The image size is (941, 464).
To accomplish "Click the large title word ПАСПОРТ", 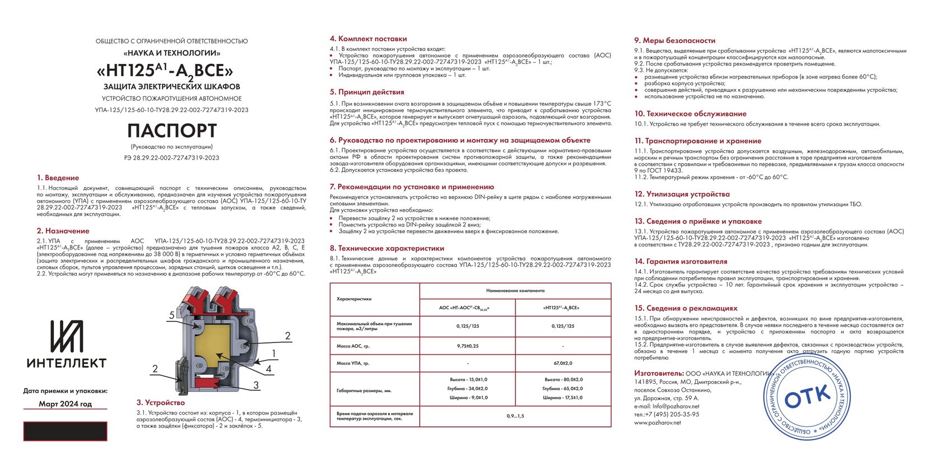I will pyautogui.click(x=172, y=131).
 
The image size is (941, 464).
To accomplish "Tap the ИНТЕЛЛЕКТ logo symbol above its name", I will pyautogui.click(x=67, y=336).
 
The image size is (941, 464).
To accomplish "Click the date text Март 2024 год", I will pyautogui.click(x=65, y=403).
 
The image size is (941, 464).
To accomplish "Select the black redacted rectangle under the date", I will pyautogui.click(x=65, y=431).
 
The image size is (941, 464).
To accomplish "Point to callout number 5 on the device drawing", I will pyautogui.click(x=172, y=315).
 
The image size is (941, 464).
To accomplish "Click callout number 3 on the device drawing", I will pyautogui.click(x=256, y=385).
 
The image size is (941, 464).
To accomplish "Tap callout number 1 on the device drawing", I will pyautogui.click(x=274, y=354).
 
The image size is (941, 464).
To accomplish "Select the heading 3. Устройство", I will pyautogui.click(x=161, y=402).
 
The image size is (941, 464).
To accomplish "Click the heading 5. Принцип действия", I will pyautogui.click(x=367, y=92).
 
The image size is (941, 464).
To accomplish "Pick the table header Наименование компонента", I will pyautogui.click(x=515, y=291).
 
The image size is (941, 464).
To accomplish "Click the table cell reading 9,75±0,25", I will pyautogui.click(x=468, y=346).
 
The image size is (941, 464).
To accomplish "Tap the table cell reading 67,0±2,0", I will pyautogui.click(x=562, y=363).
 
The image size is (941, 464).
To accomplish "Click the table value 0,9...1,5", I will pyautogui.click(x=515, y=416).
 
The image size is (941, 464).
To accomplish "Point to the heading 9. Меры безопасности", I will pyautogui.click(x=674, y=40).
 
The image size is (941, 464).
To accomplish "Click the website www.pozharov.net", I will pyautogui.click(x=658, y=423).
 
